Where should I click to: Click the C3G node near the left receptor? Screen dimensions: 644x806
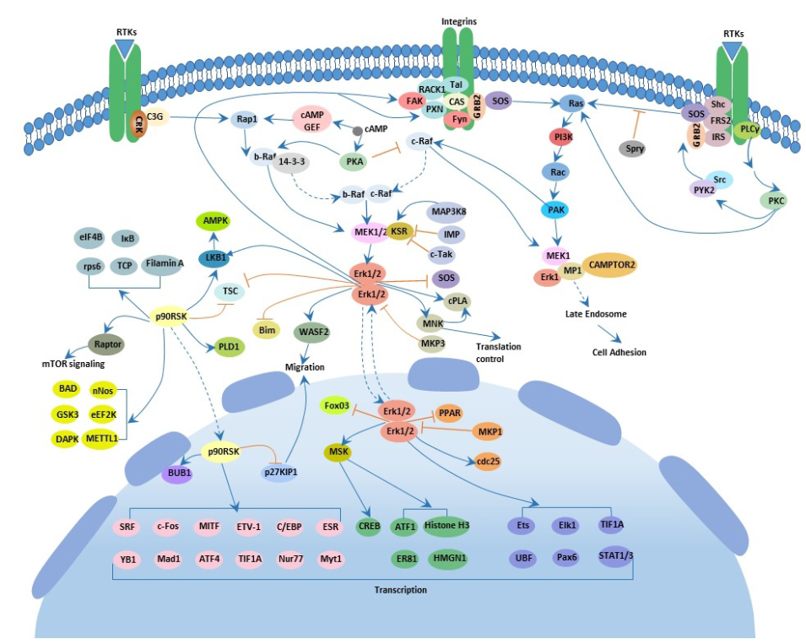tap(155, 116)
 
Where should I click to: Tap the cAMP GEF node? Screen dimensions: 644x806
tap(312, 120)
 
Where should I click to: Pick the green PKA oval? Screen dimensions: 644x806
tap(354, 160)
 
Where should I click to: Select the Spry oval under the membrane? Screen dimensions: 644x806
tap(636, 149)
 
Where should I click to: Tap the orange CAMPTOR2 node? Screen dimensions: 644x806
tap(612, 264)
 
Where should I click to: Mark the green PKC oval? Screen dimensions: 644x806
tap(776, 200)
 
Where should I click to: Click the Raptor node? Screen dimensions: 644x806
tap(107, 344)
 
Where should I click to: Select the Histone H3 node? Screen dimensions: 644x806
tap(446, 525)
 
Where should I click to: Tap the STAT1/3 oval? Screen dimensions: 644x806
tap(615, 556)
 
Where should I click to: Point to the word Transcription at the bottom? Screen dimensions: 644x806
tap(400, 590)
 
